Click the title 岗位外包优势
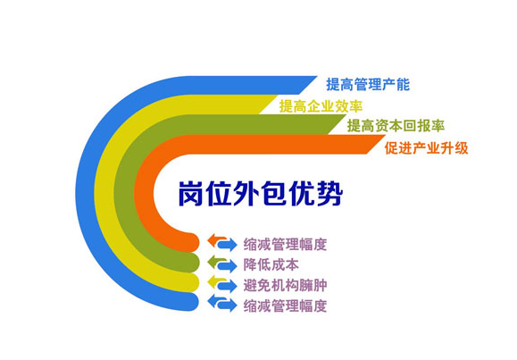(261, 194)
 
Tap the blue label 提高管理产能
(368, 85)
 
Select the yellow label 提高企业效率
(321, 106)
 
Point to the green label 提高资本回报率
(396, 126)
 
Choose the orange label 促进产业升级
(426, 148)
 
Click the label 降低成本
(271, 265)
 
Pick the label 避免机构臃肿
(285, 286)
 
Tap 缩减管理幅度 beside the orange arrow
(285, 245)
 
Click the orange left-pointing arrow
(217, 240)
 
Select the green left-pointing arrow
(217, 261)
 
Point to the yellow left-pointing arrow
(217, 281)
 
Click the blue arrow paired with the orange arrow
(228, 245)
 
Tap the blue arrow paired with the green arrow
(228, 265)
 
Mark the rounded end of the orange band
(194, 242)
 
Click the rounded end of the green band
(194, 263)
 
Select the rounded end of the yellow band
(194, 283)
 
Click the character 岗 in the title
(190, 194)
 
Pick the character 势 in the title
(330, 194)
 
